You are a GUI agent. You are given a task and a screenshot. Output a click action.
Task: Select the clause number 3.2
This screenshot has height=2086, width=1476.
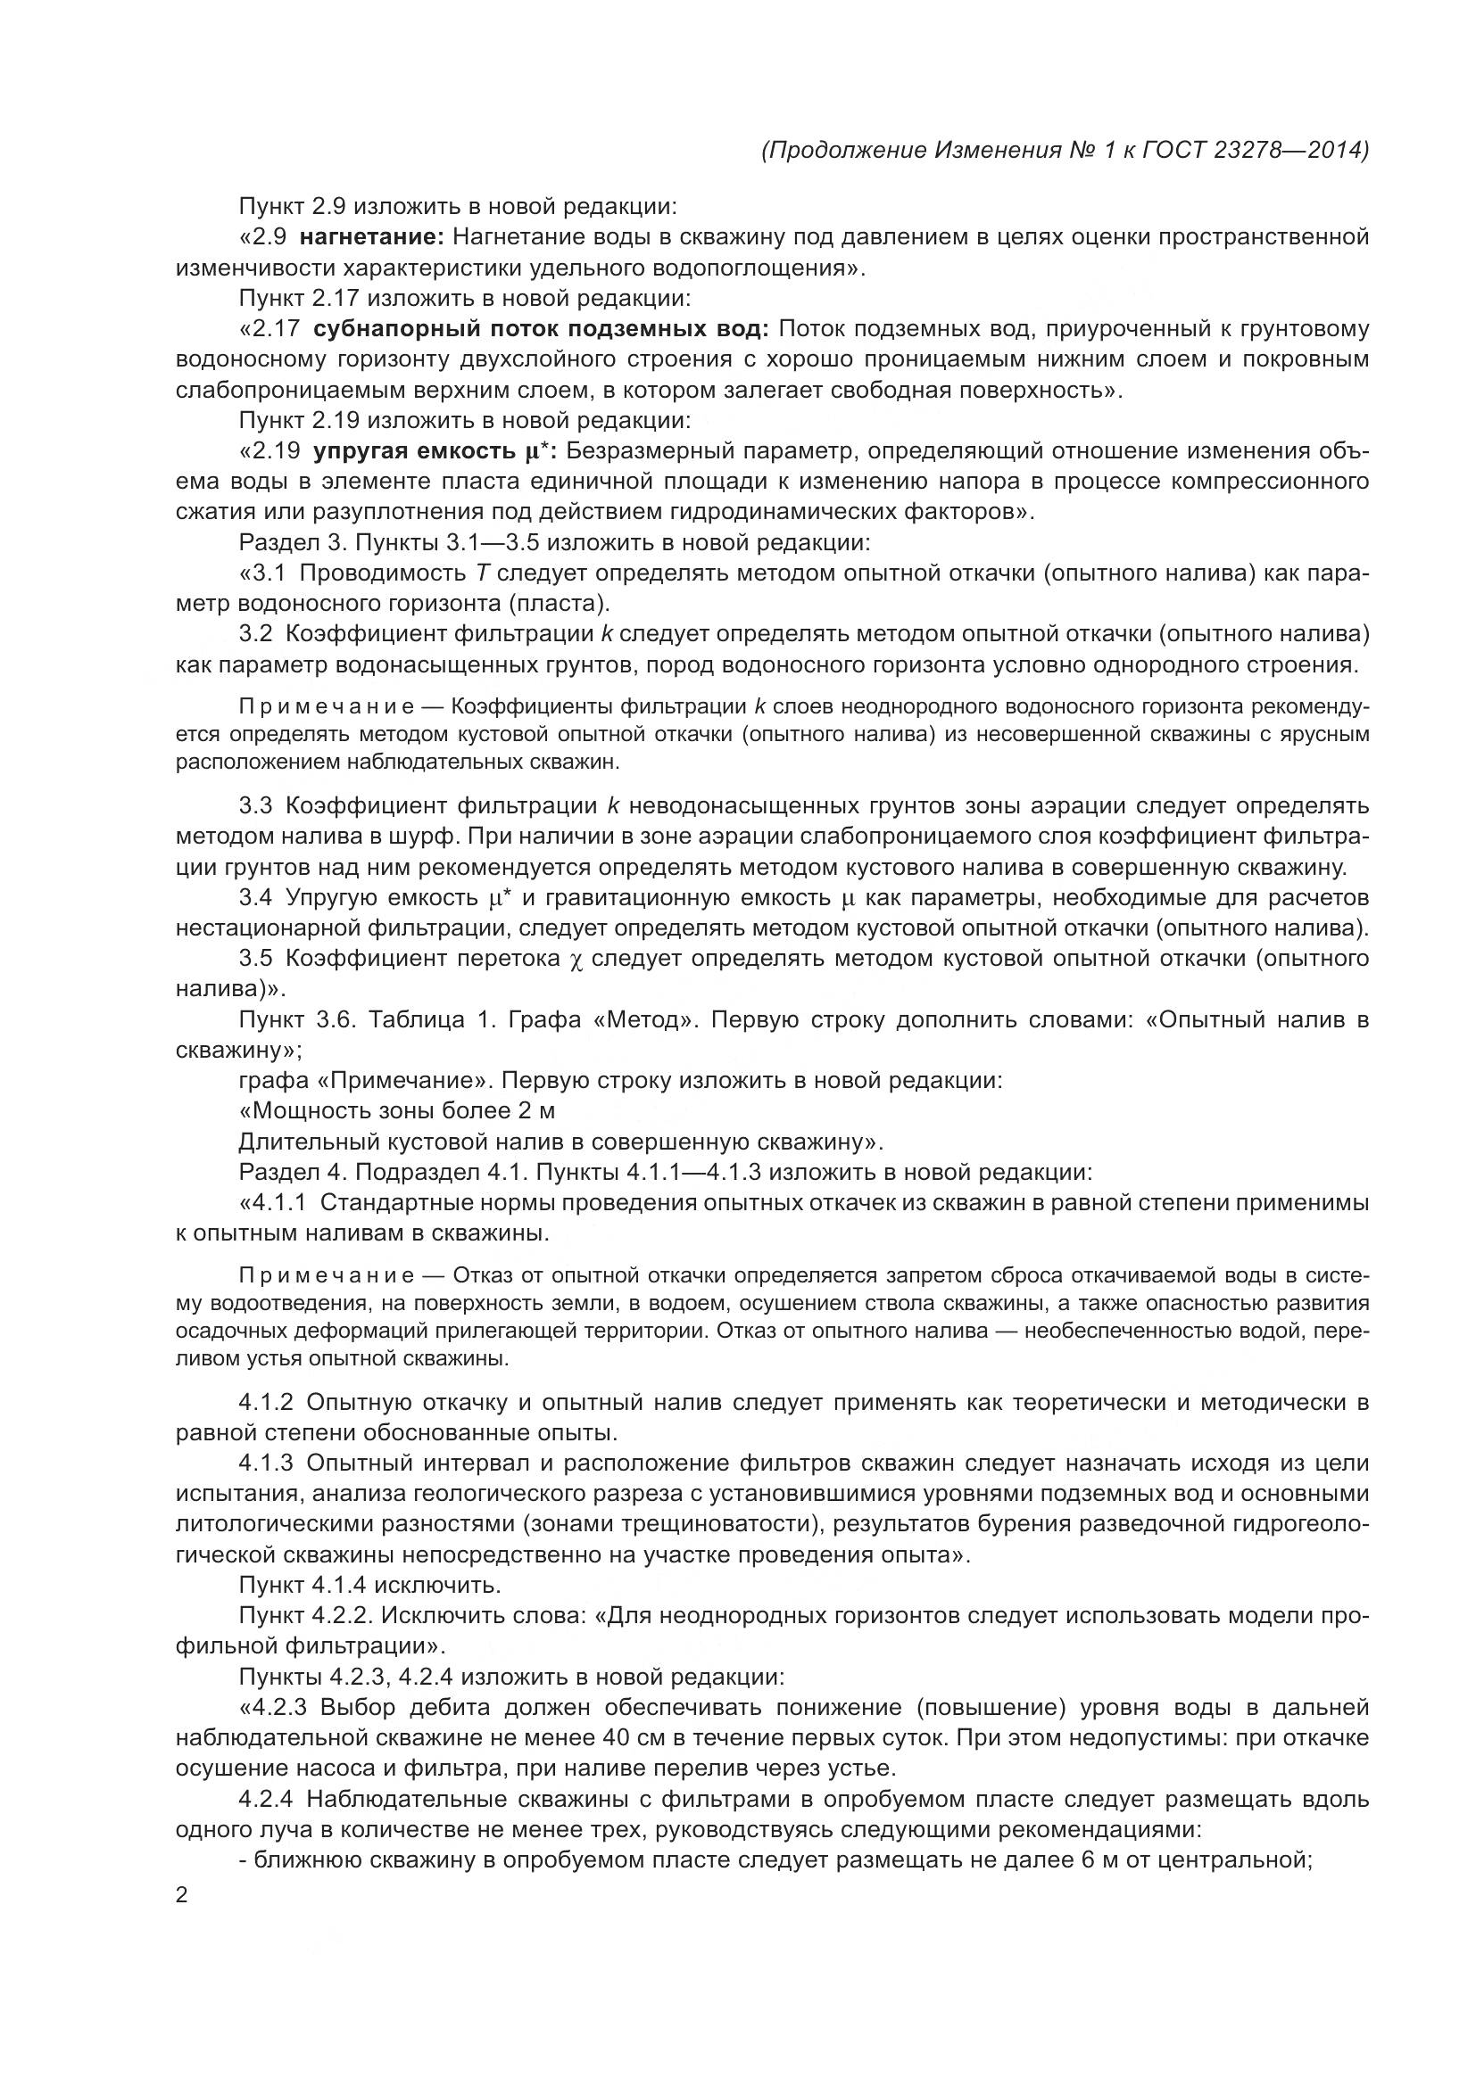point(255,633)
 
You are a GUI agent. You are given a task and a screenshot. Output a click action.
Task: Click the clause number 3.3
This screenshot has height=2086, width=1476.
point(255,806)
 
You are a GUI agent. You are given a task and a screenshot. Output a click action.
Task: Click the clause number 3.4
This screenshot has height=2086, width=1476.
point(255,898)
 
